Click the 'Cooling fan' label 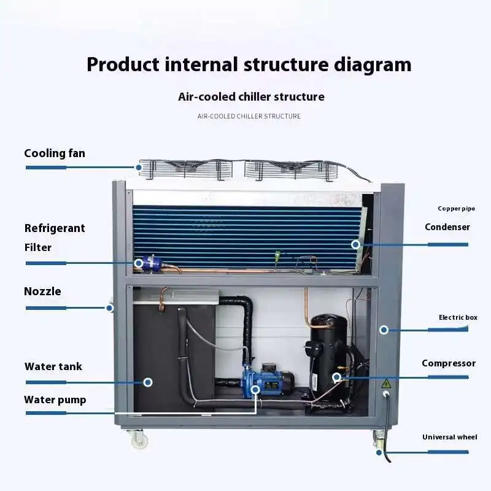55,153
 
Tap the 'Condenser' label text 447,227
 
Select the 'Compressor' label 448,363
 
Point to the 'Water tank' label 53,367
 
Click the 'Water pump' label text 55,400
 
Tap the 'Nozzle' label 42,292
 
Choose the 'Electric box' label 457,317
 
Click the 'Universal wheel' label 449,437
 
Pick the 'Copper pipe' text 456,209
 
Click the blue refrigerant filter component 149,263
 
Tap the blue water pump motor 268,379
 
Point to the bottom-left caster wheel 138,439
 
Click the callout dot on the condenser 355,244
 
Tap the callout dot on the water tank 148,382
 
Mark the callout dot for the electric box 384,330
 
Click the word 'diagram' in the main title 369,64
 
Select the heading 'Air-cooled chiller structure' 251,97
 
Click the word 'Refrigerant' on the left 55,228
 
